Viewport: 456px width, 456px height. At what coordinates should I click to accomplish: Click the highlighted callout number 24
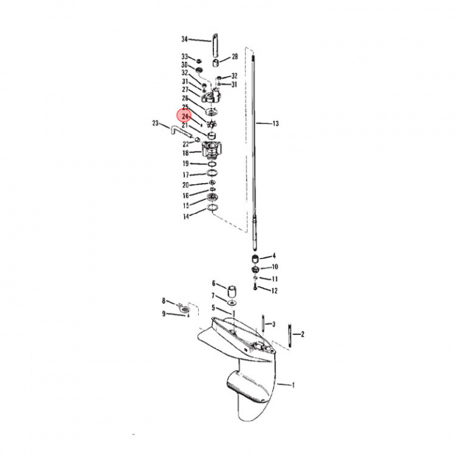pyautogui.click(x=185, y=117)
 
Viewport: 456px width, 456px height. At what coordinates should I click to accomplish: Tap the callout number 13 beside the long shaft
pyautogui.click(x=275, y=124)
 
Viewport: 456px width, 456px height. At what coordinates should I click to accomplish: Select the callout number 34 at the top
pyautogui.click(x=185, y=38)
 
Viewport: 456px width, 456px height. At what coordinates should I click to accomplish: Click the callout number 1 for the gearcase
pyautogui.click(x=293, y=384)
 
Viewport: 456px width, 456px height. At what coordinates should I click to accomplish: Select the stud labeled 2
pyautogui.click(x=291, y=332)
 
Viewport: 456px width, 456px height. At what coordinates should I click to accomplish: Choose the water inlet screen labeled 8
pyautogui.click(x=182, y=308)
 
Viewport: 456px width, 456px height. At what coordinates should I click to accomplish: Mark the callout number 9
pyautogui.click(x=163, y=313)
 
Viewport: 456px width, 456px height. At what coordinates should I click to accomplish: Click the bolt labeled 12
pyautogui.click(x=255, y=288)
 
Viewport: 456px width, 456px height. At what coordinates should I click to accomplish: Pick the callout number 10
pyautogui.click(x=274, y=267)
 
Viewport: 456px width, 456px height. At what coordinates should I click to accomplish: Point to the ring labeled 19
pyautogui.click(x=213, y=165)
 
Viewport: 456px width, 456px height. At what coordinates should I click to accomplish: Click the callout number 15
pyautogui.click(x=186, y=205)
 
